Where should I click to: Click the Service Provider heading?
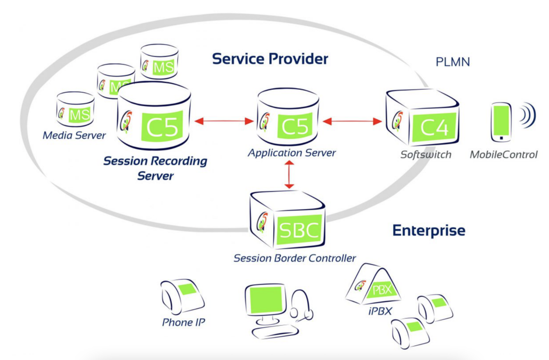(270, 59)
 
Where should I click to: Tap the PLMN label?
(452, 62)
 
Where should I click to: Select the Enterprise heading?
(429, 230)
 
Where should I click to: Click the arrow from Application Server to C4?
(352, 121)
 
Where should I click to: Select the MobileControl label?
(503, 155)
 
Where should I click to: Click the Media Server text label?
(74, 135)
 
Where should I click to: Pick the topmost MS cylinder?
(159, 62)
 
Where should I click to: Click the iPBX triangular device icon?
(372, 285)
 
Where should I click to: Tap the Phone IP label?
(183, 322)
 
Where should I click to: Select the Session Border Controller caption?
(295, 258)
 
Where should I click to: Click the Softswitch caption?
(426, 155)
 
